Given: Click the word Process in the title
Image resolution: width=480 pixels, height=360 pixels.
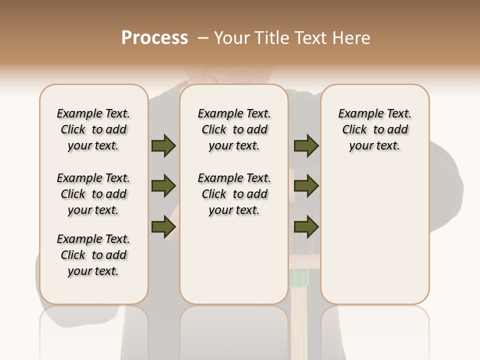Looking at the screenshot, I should click(154, 38).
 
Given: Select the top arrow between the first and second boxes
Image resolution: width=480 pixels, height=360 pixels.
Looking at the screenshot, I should click(163, 146).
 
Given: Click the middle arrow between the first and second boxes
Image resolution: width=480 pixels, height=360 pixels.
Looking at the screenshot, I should click(163, 186).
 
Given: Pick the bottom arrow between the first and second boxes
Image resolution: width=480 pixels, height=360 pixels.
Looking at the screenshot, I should click(163, 226).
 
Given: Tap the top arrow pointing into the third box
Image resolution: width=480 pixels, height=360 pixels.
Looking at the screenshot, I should click(306, 146).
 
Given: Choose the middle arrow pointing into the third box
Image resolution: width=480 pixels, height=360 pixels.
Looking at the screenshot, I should click(306, 186).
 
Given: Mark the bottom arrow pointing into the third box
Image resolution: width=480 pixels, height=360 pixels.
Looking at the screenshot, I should click(306, 226).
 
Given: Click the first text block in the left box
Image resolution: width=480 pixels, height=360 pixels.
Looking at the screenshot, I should click(93, 129).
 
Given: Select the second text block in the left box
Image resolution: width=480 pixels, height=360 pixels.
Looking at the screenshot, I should click(93, 194).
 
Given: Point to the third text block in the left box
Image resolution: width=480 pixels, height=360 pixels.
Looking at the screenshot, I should click(93, 255).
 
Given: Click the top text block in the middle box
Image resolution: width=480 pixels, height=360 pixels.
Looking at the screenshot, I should click(234, 129).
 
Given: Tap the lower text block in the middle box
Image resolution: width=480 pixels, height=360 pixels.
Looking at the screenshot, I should click(234, 194).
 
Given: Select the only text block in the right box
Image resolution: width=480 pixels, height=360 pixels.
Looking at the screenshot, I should click(374, 129).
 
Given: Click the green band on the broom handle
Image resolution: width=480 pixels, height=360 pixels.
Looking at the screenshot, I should click(299, 277).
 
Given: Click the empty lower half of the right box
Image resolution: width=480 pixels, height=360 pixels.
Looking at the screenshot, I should click(374, 240).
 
